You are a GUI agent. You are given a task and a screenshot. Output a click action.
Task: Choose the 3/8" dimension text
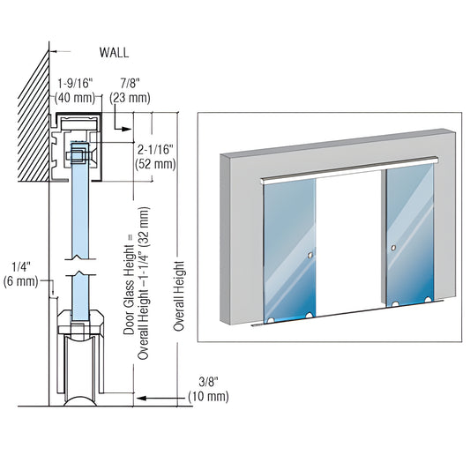208,382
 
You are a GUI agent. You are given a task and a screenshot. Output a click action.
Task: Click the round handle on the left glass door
310,256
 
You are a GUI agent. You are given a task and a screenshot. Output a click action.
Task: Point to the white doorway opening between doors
348,247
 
